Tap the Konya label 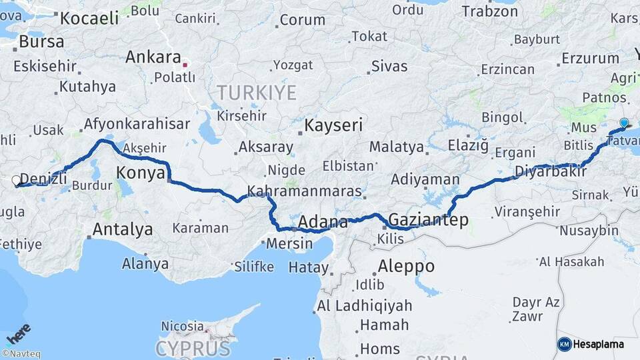[141, 173]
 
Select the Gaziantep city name [428, 219]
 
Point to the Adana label [323, 222]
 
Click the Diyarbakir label [550, 172]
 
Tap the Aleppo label [406, 267]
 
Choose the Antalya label [123, 230]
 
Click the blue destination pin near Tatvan [624, 123]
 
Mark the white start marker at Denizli [17, 180]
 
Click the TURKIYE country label [255, 93]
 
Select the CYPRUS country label [193, 348]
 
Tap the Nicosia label [182, 327]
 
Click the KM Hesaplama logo [591, 344]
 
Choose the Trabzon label [489, 11]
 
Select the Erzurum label [590, 58]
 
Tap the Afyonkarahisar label [137, 124]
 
